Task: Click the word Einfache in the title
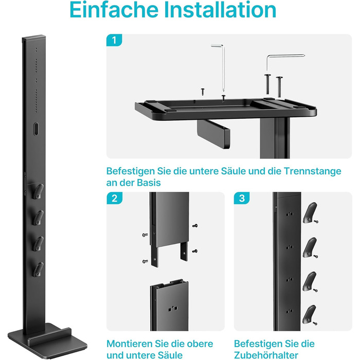click(114, 10)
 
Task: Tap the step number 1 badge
click(114, 40)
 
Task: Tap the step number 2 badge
click(114, 198)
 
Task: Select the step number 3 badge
click(242, 198)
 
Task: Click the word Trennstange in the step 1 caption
click(312, 171)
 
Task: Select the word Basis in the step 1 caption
click(149, 183)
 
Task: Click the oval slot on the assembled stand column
click(36, 129)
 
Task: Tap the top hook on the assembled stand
click(38, 191)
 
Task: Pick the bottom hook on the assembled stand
click(38, 269)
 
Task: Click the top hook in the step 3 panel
click(310, 212)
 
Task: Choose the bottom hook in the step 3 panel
click(309, 314)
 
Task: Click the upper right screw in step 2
click(195, 226)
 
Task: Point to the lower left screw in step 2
click(145, 261)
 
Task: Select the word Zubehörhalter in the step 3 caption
click(266, 355)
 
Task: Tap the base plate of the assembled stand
click(47, 339)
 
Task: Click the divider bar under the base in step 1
click(213, 134)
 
